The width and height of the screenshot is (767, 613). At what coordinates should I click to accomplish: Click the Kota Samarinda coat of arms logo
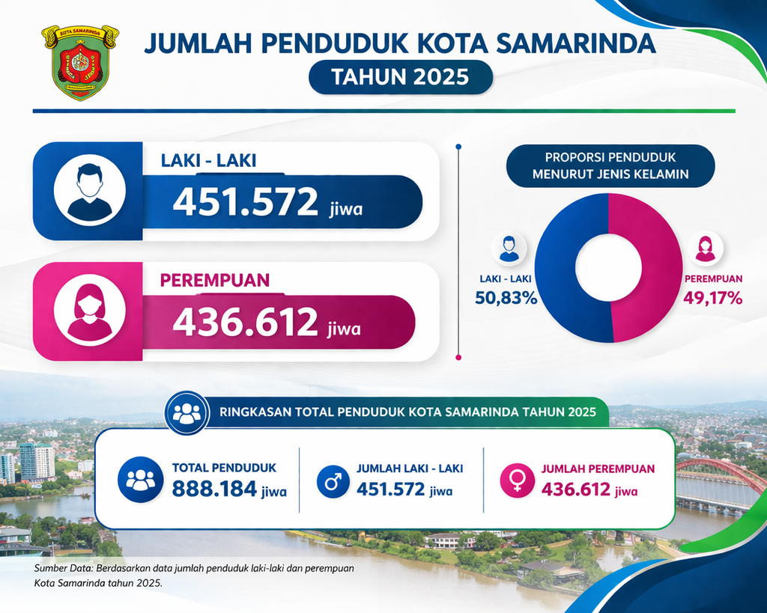point(80,63)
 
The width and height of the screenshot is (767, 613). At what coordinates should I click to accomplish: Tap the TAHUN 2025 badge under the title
point(400,77)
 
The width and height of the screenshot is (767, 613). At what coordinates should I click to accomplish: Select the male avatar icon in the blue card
point(89,191)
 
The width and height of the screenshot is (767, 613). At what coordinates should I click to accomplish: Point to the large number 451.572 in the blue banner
point(246,202)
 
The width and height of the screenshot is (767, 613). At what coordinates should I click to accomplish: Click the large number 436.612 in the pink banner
point(246,322)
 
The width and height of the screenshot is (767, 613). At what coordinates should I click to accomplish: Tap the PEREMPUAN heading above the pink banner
point(215,281)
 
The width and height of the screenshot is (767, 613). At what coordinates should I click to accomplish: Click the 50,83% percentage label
point(506,298)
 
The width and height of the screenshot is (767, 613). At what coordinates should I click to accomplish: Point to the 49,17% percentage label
point(712,298)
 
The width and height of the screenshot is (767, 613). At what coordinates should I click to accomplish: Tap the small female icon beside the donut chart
point(705,249)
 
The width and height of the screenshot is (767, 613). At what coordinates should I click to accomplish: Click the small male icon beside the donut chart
point(509,249)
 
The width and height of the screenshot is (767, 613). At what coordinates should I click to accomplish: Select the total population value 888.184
point(214,490)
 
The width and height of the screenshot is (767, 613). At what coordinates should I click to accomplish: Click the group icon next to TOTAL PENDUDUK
point(140,480)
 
